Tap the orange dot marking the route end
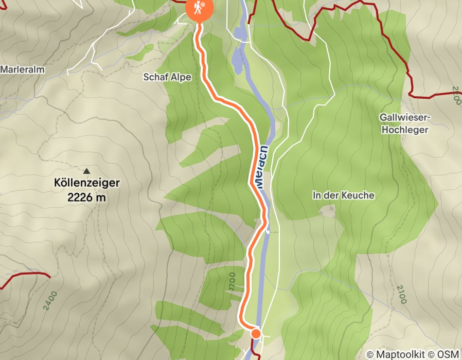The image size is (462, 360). (256, 334)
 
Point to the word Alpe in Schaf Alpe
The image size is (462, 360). (181, 77)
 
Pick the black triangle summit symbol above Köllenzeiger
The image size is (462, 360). (86, 170)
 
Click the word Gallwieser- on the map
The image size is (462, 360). (404, 118)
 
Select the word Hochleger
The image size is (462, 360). (404, 130)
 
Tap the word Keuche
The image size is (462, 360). (361, 195)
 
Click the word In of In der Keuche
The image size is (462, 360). (316, 195)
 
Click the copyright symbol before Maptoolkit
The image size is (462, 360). (370, 354)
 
